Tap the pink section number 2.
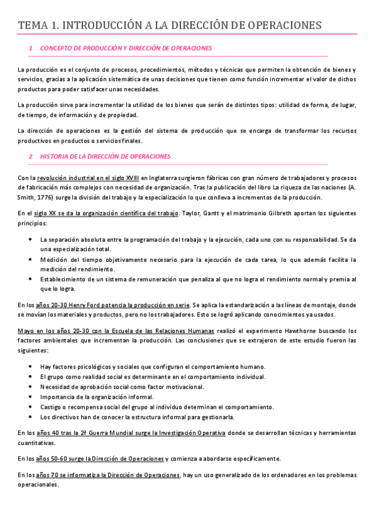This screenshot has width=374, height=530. (31, 156)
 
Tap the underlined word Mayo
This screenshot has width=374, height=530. (26, 331)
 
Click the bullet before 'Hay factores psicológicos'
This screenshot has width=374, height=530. (32, 367)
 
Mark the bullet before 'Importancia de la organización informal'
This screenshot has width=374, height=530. (32, 396)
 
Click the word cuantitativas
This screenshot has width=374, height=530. (37, 442)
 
